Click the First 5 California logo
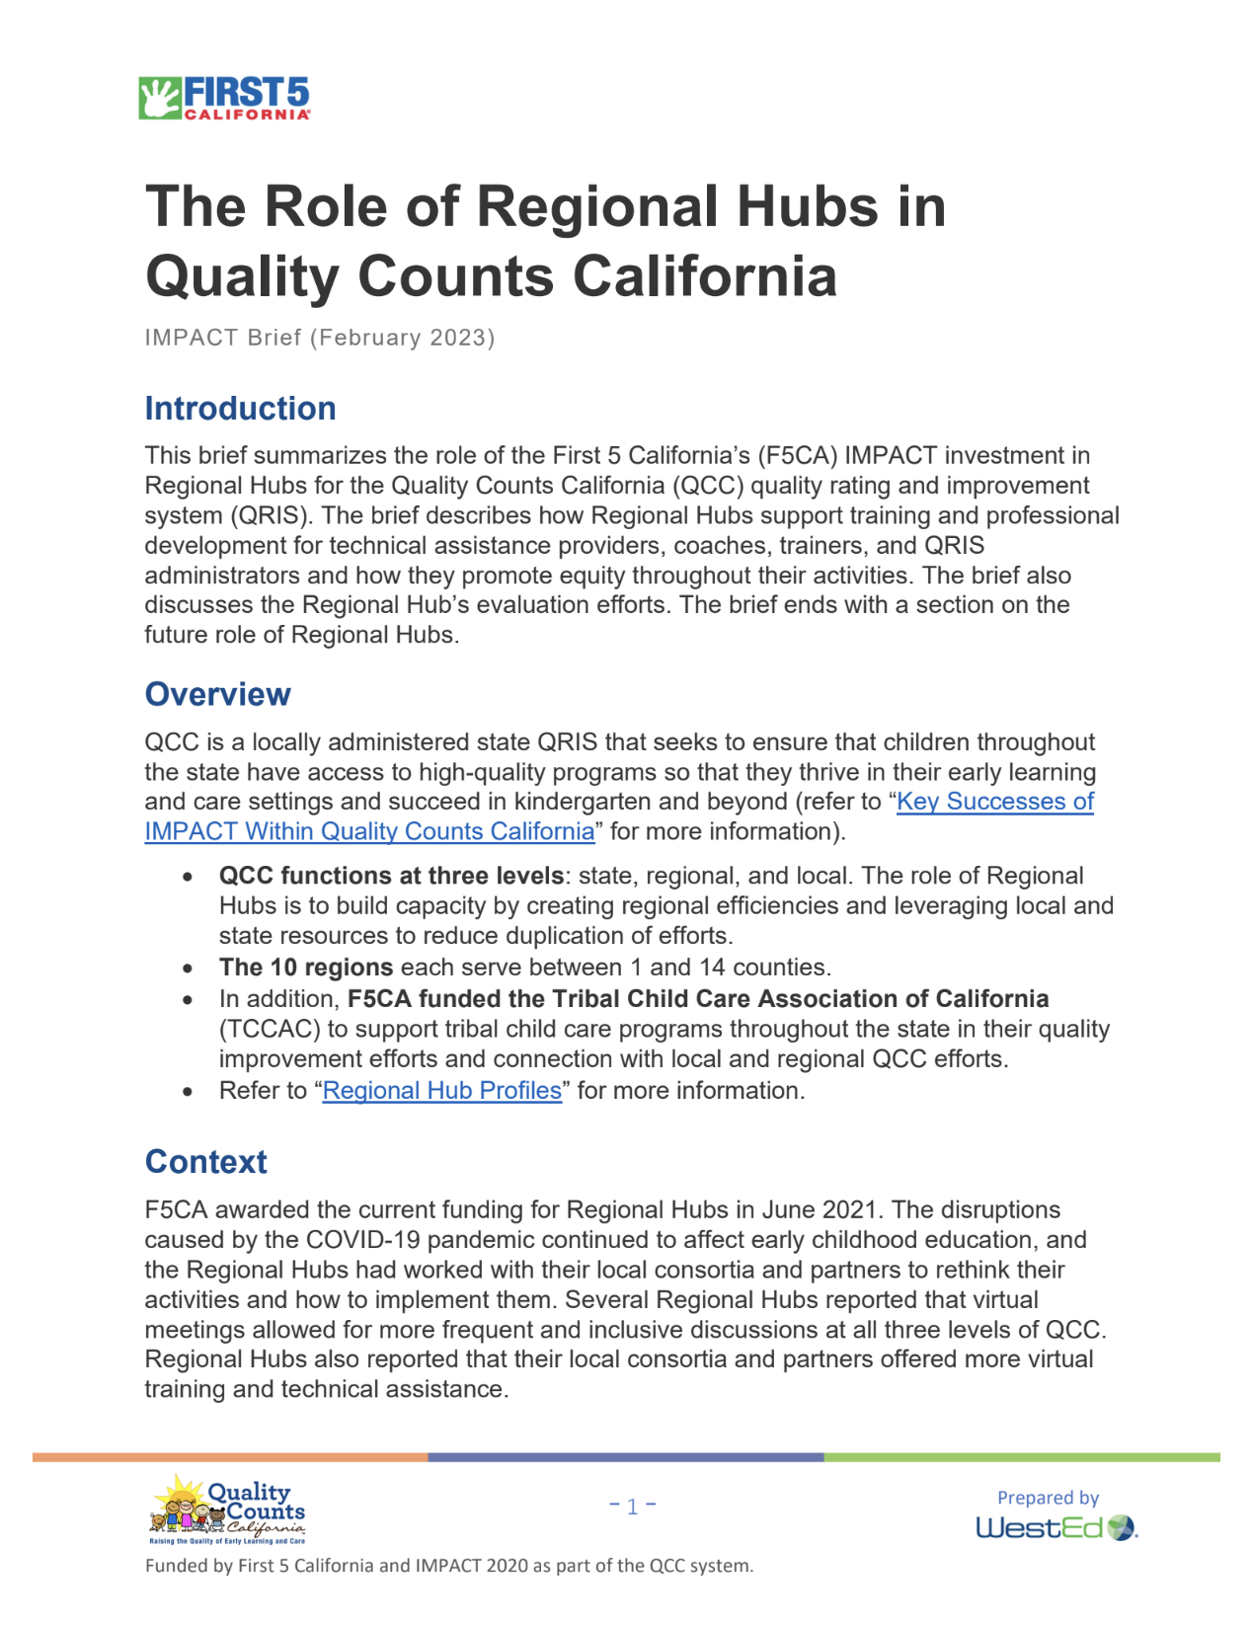[x=224, y=98]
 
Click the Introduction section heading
[x=240, y=409]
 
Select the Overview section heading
[x=217, y=694]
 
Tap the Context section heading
[x=205, y=1162]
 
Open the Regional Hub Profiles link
[x=441, y=1091]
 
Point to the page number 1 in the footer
[x=633, y=1506]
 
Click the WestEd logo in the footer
[x=1056, y=1528]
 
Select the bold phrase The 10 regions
[x=306, y=968]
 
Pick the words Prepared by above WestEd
[x=1048, y=1498]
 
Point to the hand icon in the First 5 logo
[x=158, y=98]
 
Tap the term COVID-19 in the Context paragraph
[x=362, y=1240]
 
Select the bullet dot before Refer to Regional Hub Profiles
[x=188, y=1092]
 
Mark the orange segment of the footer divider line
[x=230, y=1457]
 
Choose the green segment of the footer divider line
[x=1022, y=1457]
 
